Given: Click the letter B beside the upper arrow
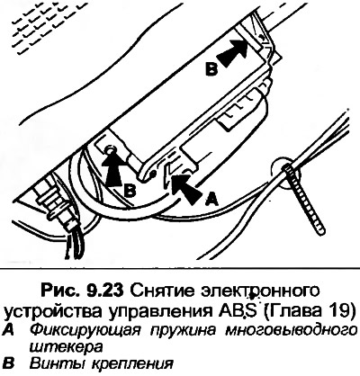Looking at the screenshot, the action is pos(211,69).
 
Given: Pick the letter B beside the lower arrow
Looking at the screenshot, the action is pos(130,190).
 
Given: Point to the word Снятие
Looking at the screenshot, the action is pos(160,291).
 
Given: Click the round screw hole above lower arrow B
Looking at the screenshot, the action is pos(112,149).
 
